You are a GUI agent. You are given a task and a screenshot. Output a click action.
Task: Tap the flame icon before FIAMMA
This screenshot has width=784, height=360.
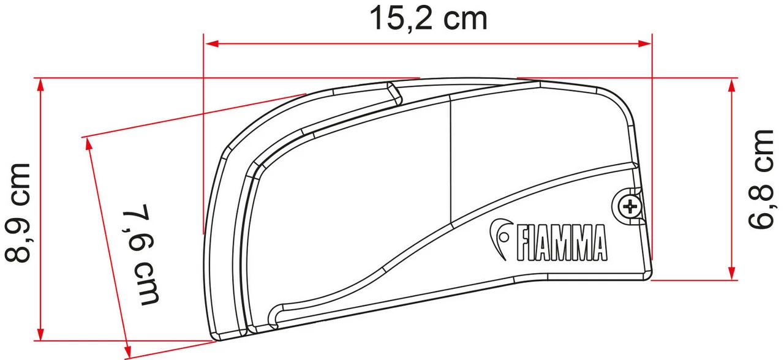pyautogui.click(x=500, y=236)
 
